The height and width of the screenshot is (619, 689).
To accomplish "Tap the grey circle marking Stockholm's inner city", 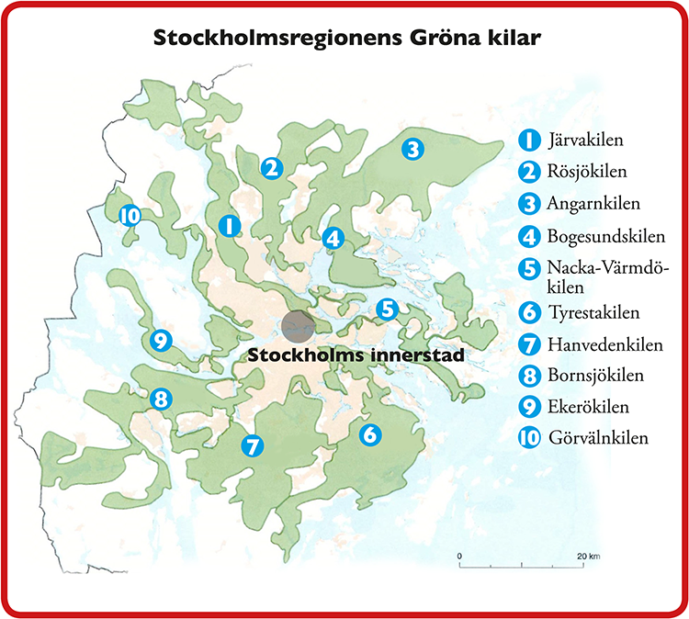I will pos(299,325).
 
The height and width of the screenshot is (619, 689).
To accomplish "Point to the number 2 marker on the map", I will pos(270,168).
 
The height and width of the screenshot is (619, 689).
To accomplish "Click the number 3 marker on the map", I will pos(412,148).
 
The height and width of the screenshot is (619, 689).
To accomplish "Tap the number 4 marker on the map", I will pos(333,238).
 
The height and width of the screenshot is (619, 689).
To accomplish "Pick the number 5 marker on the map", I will pos(386,309).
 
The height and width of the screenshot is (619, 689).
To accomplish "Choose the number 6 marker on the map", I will pos(369,434).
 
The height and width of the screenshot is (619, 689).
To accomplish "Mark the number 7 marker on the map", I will pos(251,446).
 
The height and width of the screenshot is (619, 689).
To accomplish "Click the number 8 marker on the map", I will pos(161,400).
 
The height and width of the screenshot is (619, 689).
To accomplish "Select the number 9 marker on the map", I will pos(161,341).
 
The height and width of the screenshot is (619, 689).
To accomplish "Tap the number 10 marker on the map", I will pos(130,215).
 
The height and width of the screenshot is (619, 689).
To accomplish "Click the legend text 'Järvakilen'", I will pos(585,141).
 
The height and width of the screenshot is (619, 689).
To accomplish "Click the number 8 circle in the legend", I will pos(528,376).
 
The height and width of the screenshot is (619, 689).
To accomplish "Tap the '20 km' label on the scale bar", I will pos(588,557).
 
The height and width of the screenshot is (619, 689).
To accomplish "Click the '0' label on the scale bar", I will pos(459,557).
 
